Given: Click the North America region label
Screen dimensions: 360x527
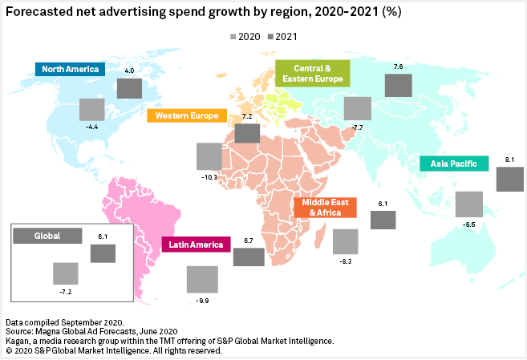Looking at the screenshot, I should pos(71,69).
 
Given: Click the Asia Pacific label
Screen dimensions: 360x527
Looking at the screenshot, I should pos(453,164).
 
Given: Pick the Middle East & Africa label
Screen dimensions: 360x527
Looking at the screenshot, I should pos(325,208).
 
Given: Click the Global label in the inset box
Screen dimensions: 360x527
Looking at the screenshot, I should pos(47,237).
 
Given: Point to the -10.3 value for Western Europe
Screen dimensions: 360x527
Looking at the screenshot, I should pos(207,176).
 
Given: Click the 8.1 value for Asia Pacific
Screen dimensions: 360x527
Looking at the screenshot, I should pos(510,160).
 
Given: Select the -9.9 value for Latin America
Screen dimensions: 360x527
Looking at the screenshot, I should pos(201,299).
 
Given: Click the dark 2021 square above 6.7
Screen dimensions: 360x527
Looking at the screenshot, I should pos(249,257).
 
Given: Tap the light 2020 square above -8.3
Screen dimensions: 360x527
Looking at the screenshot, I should pos(345,241).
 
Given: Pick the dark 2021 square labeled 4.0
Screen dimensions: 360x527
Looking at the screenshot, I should pos(129,87).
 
